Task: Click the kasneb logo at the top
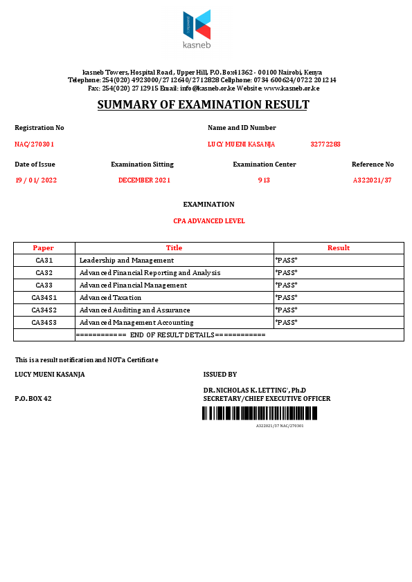[197, 30]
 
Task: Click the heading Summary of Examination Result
[203, 105]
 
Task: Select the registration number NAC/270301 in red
[35, 144]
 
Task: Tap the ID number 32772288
[325, 144]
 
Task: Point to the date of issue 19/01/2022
[36, 180]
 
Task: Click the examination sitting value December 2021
[144, 180]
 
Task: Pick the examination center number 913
[264, 180]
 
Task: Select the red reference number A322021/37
[373, 180]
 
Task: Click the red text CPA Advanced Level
[209, 221]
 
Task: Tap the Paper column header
[44, 248]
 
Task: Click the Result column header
[339, 248]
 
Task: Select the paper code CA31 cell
[44, 261]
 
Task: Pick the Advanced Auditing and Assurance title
[134, 310]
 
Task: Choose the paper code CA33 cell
[44, 285]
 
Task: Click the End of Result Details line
[170, 335]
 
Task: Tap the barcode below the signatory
[260, 413]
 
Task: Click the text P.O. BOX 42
[33, 399]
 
